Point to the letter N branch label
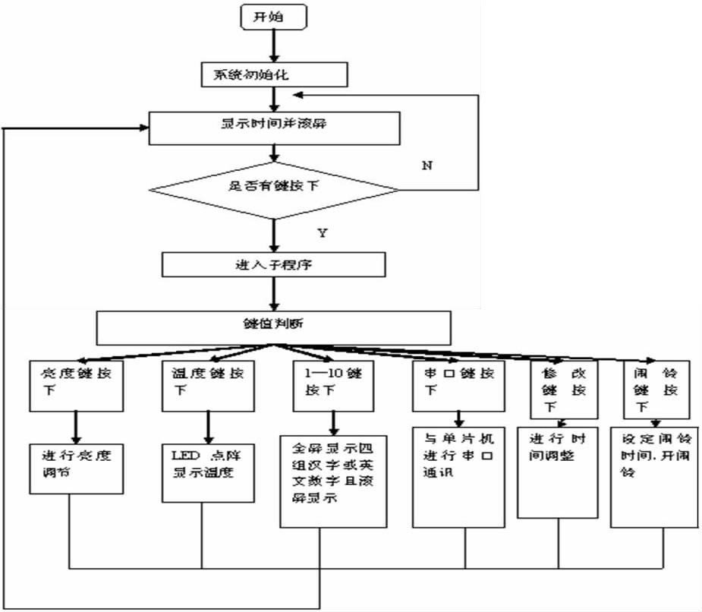pyautogui.click(x=427, y=166)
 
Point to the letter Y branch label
pyautogui.click(x=322, y=232)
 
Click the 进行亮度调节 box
pyautogui.click(x=77, y=468)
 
